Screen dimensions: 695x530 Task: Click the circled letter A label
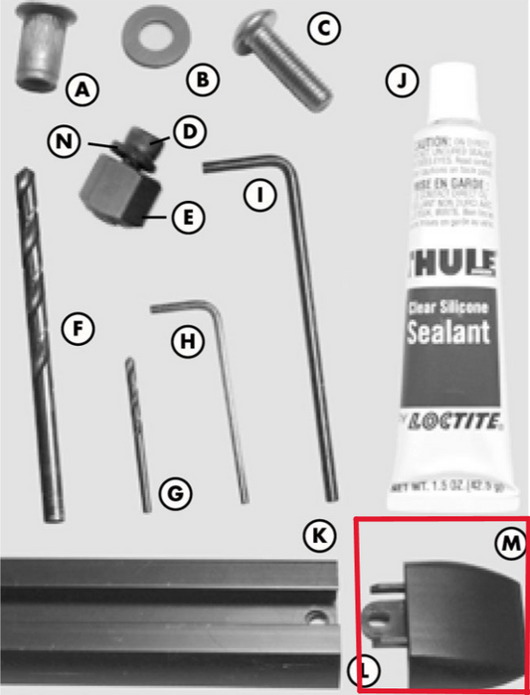pos(83,90)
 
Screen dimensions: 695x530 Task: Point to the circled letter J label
pos(400,83)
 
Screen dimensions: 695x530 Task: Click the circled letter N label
pos(66,141)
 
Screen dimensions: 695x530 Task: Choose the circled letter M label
pos(508,542)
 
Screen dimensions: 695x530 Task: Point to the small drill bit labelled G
pos(138,433)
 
